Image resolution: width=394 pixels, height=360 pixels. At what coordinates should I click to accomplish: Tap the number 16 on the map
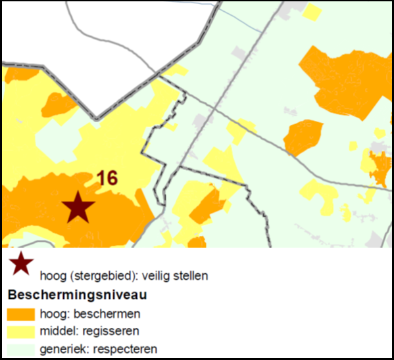click(x=107, y=178)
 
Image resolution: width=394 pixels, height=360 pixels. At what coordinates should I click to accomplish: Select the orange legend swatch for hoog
click(x=20, y=313)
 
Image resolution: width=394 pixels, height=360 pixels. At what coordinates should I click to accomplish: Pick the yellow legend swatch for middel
click(x=20, y=330)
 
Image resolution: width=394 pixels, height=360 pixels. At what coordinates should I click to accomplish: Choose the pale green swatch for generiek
click(x=20, y=348)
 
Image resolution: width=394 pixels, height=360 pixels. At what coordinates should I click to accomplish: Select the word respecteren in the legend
click(x=128, y=348)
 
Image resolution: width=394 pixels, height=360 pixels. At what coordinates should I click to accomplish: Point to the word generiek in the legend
click(x=60, y=348)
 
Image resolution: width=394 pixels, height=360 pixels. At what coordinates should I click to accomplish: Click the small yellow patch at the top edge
click(x=313, y=11)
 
